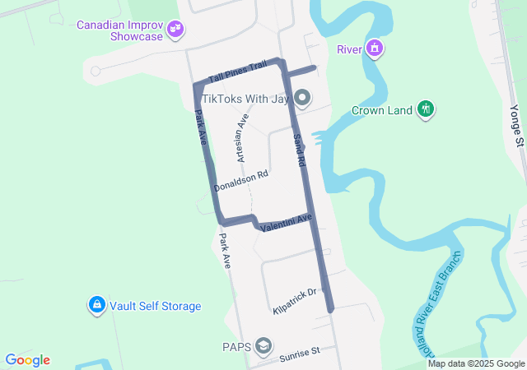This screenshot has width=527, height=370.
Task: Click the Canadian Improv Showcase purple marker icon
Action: [175, 30]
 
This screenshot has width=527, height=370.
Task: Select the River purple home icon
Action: [375, 49]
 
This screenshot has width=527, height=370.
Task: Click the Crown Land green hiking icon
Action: [426, 109]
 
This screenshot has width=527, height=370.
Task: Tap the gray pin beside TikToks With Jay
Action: [302, 99]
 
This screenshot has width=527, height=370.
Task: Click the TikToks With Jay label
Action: [245, 99]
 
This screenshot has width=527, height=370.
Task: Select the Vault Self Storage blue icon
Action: [97, 306]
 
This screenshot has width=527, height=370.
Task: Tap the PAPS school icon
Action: [264, 345]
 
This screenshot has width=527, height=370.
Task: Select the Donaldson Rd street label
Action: [240, 181]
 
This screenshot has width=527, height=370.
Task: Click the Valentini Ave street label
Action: [286, 222]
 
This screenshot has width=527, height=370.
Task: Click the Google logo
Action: [27, 360]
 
